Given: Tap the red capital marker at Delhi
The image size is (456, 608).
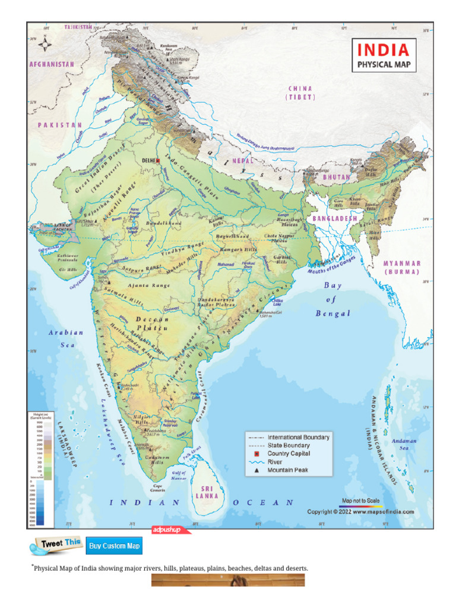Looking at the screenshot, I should tap(158, 160).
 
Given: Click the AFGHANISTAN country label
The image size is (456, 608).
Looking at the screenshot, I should tap(52, 64).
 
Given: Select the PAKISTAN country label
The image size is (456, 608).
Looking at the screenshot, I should tap(60, 125).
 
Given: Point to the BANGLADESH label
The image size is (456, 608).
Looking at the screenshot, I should tap(335, 218).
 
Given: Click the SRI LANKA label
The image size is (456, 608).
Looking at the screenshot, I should tap(207, 492).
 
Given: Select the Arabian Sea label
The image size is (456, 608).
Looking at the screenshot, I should tap(66, 338).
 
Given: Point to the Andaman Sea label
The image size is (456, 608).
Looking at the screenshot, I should tap(404, 445).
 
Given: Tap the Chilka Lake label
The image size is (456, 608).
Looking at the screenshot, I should tap(277, 302).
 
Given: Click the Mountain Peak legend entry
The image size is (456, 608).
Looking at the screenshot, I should tap(289, 470).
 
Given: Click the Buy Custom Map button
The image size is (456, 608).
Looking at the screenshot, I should tap(114, 546).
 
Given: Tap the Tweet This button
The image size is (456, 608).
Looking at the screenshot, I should tap(57, 544).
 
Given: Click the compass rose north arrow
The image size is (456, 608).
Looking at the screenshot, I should tap(43, 43).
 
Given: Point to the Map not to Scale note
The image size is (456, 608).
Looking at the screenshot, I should tap(360, 501).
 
